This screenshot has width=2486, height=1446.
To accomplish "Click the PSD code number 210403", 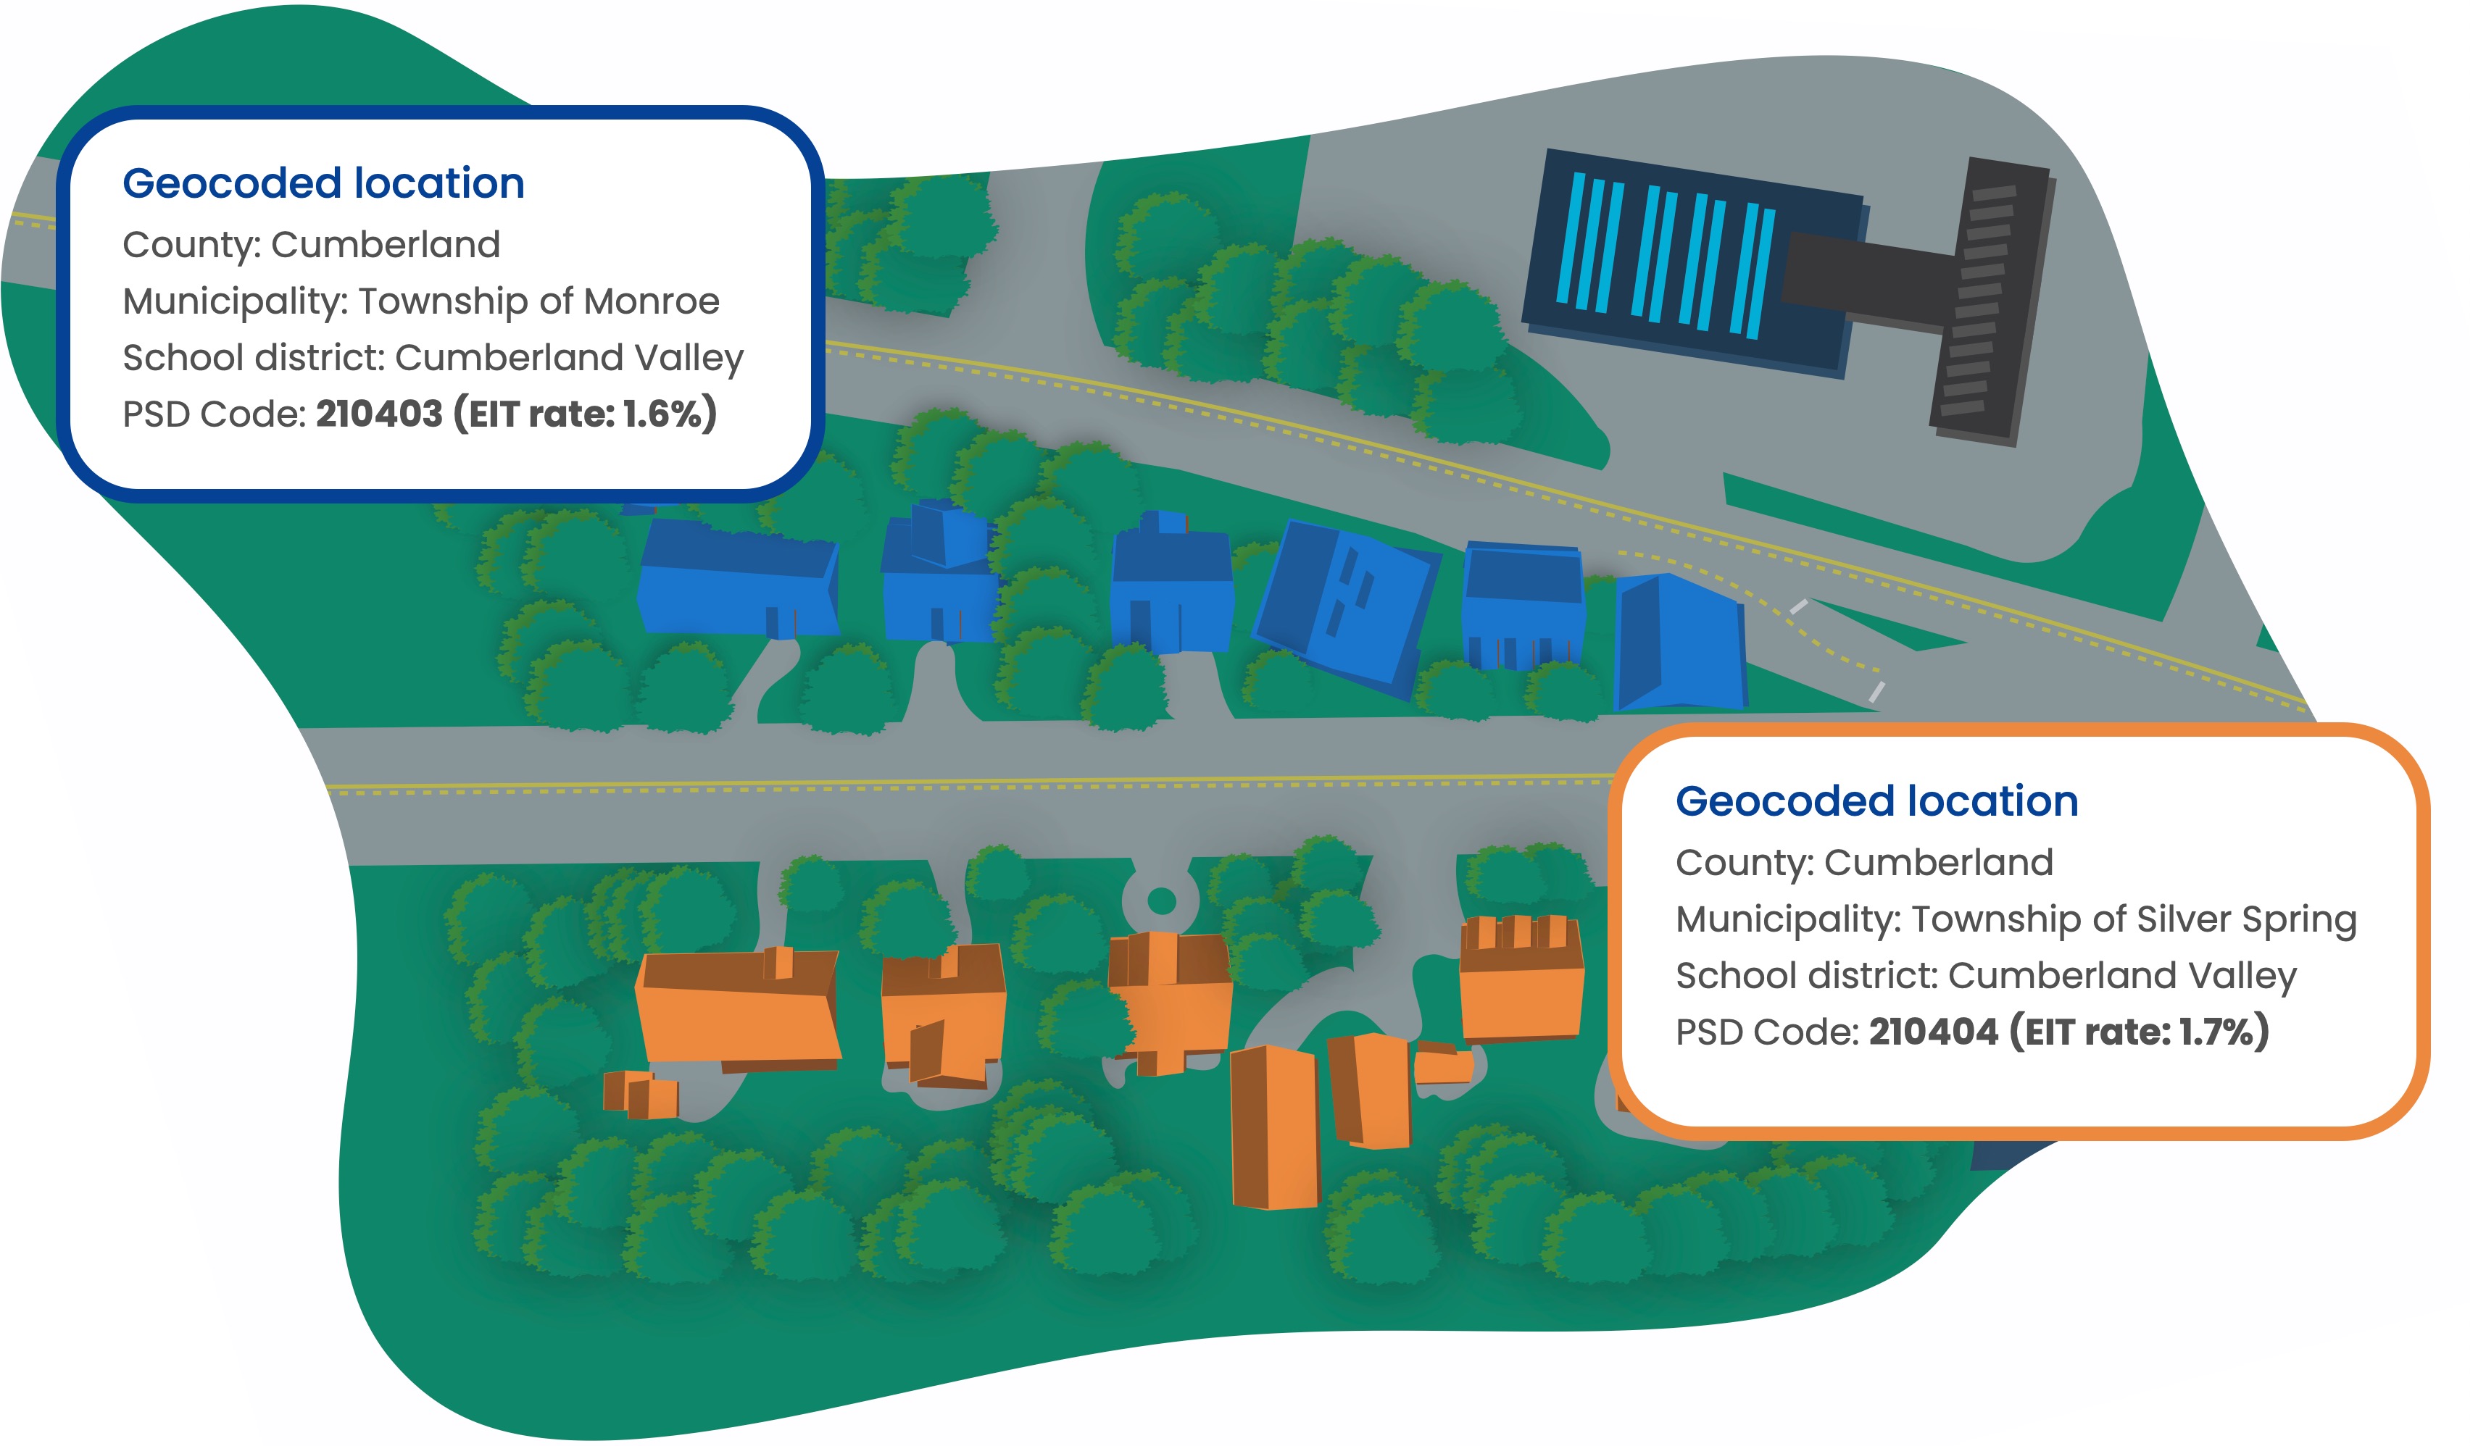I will click(x=379, y=414).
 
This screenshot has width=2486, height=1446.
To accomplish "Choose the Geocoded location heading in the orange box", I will click(x=1876, y=801).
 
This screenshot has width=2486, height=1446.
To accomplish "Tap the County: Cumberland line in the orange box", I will click(x=1863, y=863).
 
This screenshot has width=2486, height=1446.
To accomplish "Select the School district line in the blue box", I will click(x=432, y=358).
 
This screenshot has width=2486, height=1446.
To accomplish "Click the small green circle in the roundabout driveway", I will click(x=1161, y=900).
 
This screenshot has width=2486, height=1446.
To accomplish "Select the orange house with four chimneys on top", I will click(x=1520, y=982).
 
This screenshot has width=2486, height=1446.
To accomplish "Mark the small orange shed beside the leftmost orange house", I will click(x=641, y=1094).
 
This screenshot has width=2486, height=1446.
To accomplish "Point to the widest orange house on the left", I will click(x=737, y=1008).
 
